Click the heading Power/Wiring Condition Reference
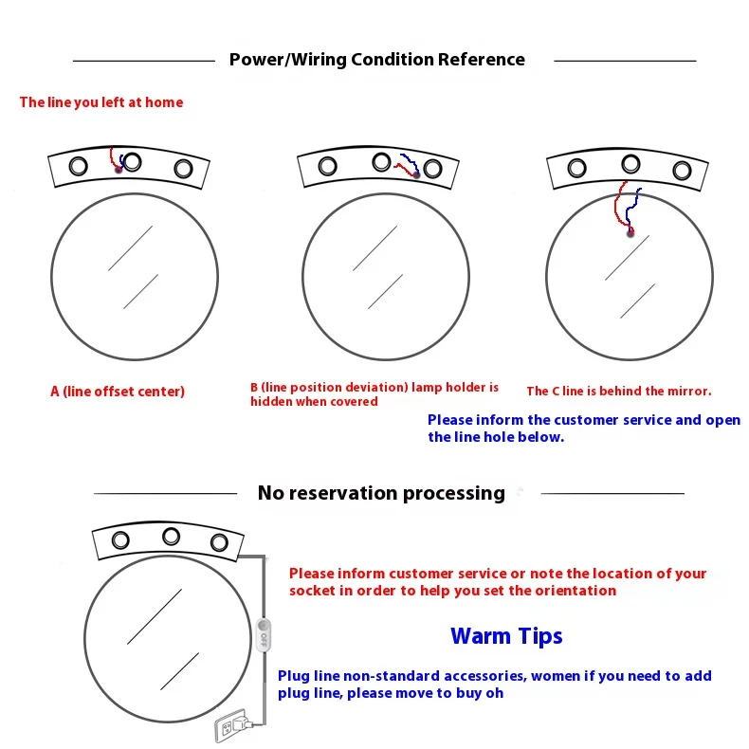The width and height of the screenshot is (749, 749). [x=376, y=60]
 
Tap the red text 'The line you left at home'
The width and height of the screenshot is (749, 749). [x=101, y=102]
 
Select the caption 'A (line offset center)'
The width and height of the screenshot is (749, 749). [x=118, y=392]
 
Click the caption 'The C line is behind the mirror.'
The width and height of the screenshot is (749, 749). [x=619, y=391]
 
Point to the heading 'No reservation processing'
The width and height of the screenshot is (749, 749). [x=381, y=493]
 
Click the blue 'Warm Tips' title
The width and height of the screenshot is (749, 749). [x=506, y=636]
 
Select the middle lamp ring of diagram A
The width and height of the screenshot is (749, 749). [x=132, y=161]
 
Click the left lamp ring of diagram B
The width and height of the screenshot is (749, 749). [x=328, y=167]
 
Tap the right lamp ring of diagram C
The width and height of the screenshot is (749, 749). [x=681, y=172]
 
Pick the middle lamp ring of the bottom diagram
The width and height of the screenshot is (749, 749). [x=171, y=536]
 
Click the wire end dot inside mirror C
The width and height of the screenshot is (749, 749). [x=630, y=232]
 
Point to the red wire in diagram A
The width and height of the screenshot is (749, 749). [x=113, y=157]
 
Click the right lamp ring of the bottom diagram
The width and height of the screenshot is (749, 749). [x=220, y=542]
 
